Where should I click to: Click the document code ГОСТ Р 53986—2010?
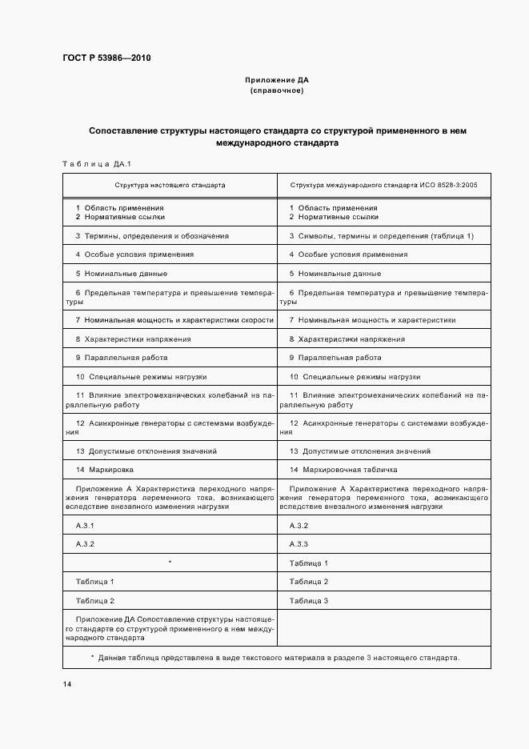[x=106, y=59]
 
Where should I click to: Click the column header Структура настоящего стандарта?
[x=170, y=185]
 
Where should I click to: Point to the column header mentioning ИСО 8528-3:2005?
[x=383, y=185]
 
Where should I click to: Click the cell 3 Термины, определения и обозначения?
[x=152, y=236]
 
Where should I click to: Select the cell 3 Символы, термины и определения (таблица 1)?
[x=381, y=236]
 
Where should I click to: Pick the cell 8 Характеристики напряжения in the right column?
[x=347, y=339]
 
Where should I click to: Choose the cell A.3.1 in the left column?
[x=85, y=525]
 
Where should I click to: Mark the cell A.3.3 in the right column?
[x=299, y=544]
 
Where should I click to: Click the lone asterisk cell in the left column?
[x=170, y=563]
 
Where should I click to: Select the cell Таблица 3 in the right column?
[x=309, y=600]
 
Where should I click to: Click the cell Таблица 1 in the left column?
[x=95, y=582]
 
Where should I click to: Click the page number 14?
[x=67, y=684]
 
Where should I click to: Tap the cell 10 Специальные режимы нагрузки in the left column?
[x=142, y=376]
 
